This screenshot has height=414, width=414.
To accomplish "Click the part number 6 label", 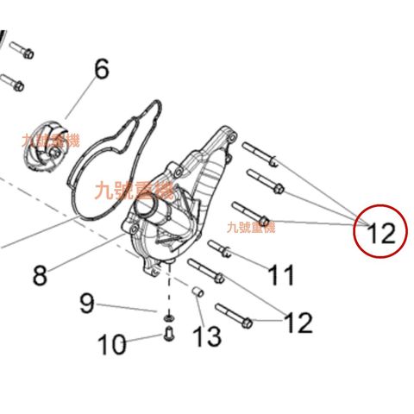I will coord(101,70).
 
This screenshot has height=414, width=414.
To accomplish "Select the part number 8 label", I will coord(40,275).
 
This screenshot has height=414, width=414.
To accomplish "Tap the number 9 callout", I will coord(86,303).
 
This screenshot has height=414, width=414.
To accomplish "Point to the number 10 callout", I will coord(111,345).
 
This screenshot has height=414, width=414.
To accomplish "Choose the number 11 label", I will coord(280,275).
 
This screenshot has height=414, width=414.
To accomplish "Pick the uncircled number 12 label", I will coord(298,323).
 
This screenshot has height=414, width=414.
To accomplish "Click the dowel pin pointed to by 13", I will coord(198,294).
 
